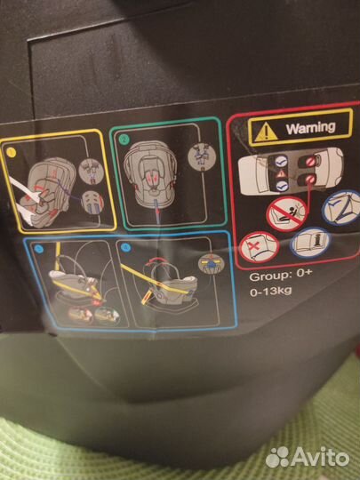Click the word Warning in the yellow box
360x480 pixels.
pos(310,128)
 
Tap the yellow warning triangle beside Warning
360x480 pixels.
pos(266,132)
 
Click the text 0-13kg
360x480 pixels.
pos(270,291)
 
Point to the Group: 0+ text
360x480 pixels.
pos(280,276)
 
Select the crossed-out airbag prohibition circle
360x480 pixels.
pos(286,213)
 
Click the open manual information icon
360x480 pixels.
pos(310,243)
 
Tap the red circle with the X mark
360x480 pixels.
pos(259,247)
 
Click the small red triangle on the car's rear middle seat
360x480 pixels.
pos(281,173)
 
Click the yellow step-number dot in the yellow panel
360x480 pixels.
pos(11,152)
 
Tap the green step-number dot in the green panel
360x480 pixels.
pos(124,140)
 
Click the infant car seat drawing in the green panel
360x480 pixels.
pos(150,173)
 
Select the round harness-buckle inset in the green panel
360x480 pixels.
pos(202,157)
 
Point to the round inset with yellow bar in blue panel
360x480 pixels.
pos(212,263)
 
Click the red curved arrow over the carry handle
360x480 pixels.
pos(158,260)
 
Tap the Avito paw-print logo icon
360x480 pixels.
pos(277,457)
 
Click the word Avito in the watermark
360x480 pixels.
pos(320,457)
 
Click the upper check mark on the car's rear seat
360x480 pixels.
pos(281,161)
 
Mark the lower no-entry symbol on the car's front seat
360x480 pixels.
pos(310,180)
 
